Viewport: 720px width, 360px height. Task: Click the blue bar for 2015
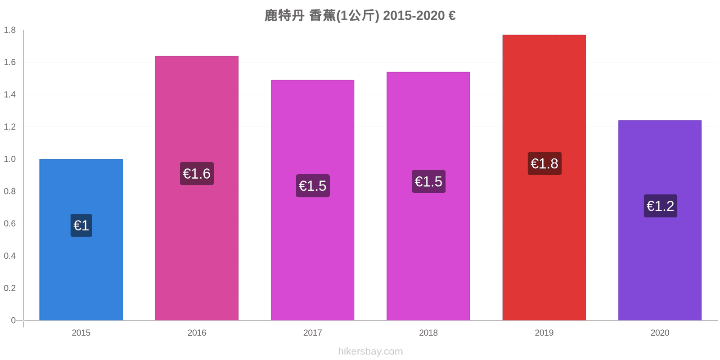coord(81,239)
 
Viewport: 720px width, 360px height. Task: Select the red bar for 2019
coord(544,177)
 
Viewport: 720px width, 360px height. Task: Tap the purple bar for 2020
coord(660,220)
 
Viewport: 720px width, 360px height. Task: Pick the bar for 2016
coord(197,188)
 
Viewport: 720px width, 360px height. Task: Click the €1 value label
coord(81,225)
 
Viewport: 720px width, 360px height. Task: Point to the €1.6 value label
coord(197,174)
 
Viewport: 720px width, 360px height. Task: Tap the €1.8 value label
coord(544,164)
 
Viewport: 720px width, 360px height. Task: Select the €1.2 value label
coord(661,206)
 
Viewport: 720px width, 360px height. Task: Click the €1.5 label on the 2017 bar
coord(313,186)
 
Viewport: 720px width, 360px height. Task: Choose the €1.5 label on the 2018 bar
coord(428,182)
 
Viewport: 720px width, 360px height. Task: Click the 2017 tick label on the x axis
coord(312,333)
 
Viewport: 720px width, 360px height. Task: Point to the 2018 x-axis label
coord(428,333)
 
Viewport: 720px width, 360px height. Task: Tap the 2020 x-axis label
coord(660,333)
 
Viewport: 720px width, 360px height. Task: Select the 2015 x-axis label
coord(81,333)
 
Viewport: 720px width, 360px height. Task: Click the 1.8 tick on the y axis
coord(9,30)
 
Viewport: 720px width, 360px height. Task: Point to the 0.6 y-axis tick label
coord(9,223)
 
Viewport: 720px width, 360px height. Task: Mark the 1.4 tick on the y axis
coord(9,94)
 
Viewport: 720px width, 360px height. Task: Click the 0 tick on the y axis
coord(13,320)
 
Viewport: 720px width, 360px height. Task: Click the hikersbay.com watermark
coord(370,351)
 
